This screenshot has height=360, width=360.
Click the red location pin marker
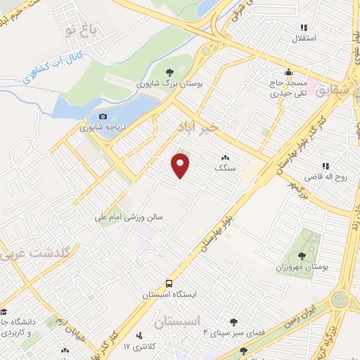181,166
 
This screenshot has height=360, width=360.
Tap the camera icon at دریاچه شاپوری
103,117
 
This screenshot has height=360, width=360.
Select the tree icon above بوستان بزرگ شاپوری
169,72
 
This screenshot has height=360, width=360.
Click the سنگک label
224,169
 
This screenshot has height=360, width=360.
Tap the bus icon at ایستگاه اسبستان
169,283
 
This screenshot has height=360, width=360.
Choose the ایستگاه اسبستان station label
168,295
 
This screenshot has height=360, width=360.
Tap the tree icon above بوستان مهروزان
302,257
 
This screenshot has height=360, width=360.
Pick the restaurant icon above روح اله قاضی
326,165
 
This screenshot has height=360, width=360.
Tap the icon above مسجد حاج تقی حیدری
288,72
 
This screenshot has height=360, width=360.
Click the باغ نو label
78,28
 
